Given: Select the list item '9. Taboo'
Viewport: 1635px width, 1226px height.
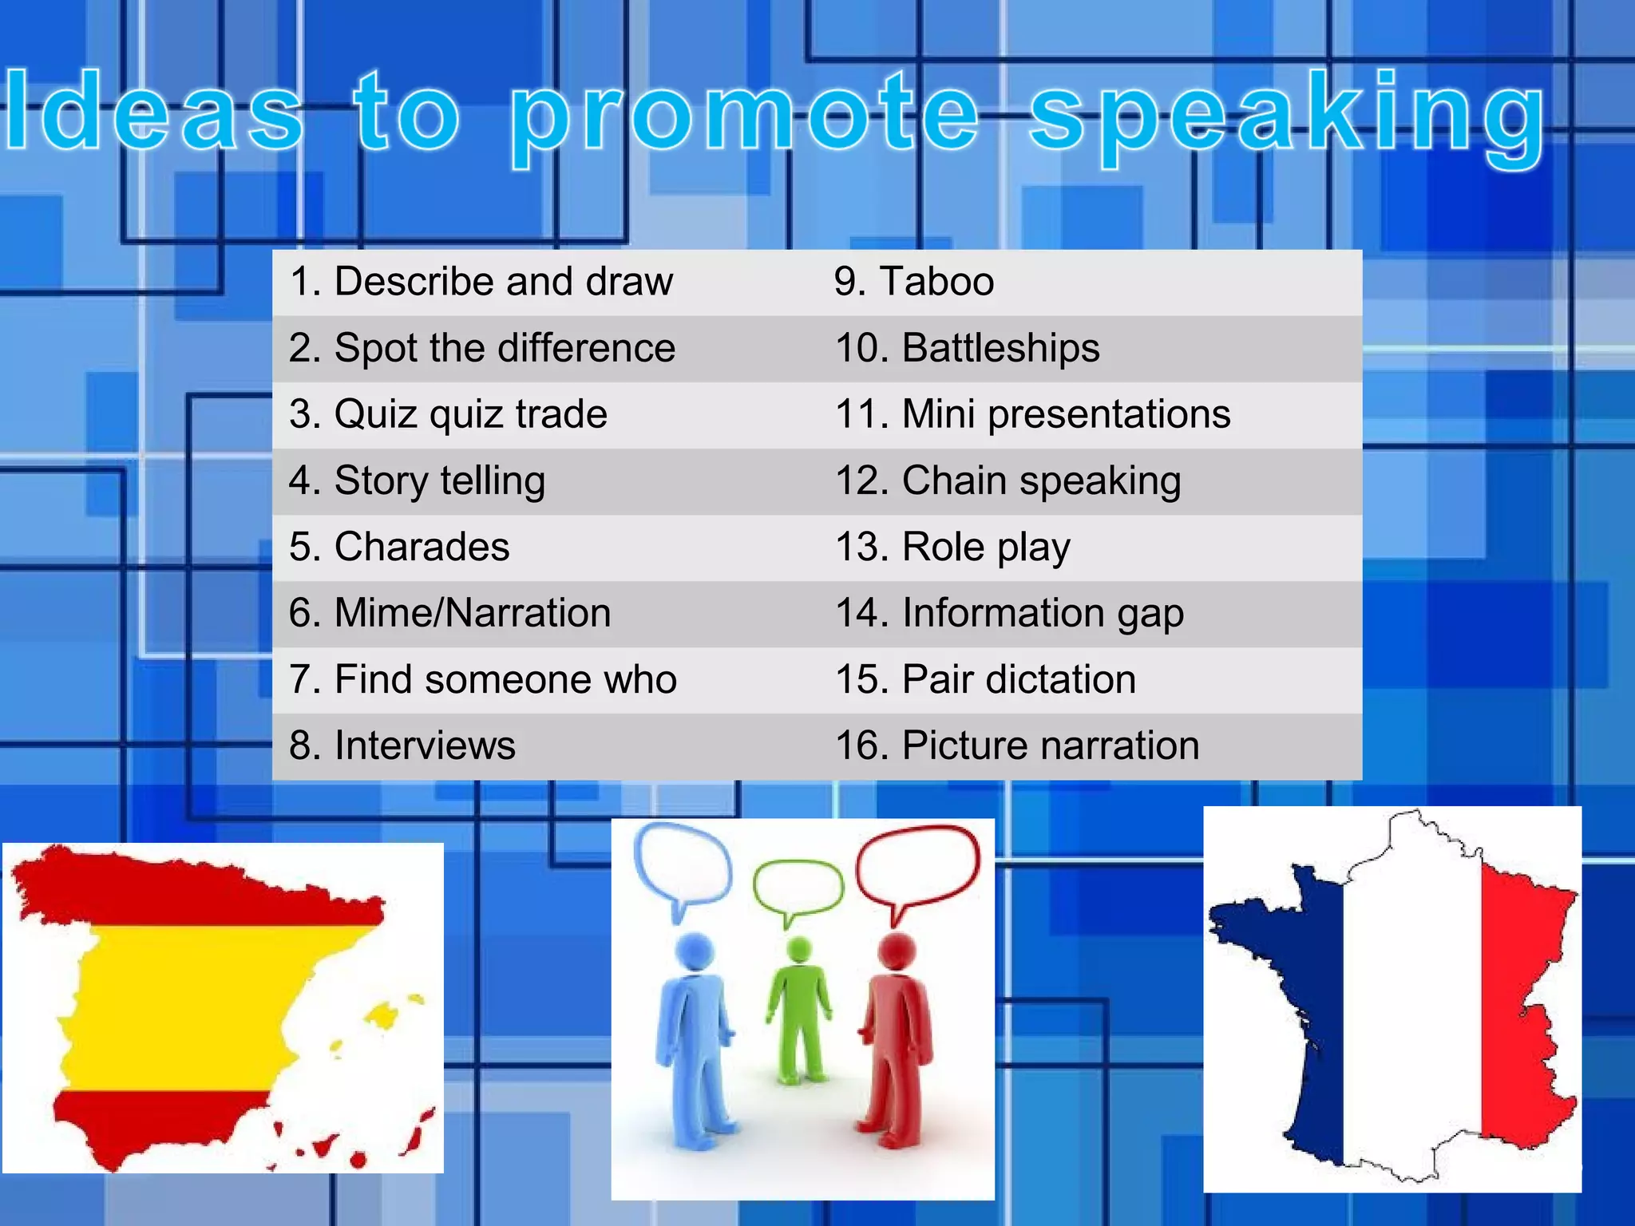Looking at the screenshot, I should pos(914,282).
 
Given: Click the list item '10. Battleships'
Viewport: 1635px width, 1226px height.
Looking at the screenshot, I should pos(967,348).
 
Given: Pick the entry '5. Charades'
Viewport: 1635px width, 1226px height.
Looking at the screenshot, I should pos(399,547).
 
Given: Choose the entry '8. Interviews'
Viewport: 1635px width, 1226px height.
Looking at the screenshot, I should pos(402,745).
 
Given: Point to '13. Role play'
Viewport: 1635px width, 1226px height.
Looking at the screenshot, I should pos(952,548).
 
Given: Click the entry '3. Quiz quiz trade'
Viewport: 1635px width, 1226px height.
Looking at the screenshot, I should pos(448,414).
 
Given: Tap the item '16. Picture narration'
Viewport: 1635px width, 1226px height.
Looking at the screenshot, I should pos(1017,745).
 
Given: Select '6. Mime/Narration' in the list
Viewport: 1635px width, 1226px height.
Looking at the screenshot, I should pos(449,613).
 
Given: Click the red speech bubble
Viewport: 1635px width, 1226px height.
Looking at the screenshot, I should pos(918,866).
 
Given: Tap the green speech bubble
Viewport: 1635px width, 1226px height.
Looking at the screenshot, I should pos(798,886).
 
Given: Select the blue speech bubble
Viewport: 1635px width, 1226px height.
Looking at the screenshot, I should pos(683,862).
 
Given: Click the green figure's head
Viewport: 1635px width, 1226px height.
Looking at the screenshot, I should pos(798,950).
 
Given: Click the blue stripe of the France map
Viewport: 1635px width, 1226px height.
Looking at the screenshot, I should pos(1293,998).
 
